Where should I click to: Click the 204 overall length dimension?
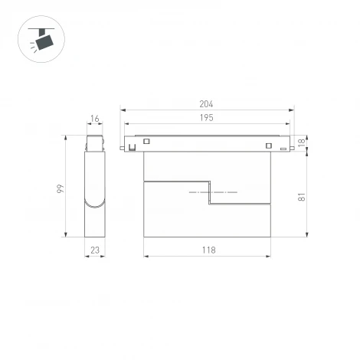205,104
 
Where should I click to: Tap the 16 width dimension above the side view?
94,119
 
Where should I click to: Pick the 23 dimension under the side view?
94,250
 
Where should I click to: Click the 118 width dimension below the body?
208,250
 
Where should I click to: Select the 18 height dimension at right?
301,143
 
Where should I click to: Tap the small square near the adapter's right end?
268,146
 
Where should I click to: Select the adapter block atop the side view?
94,143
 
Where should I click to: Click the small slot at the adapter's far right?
283,148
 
